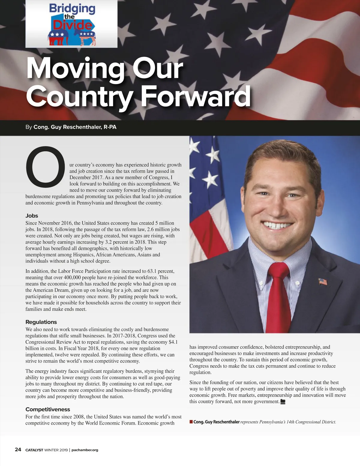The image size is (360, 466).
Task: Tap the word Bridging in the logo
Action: point(72,9)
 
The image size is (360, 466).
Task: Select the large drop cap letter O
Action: point(45,166)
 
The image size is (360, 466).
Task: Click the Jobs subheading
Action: point(32,216)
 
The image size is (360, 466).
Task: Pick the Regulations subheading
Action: point(41,322)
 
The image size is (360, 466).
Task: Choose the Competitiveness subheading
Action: point(48,409)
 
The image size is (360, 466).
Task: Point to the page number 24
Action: point(18,449)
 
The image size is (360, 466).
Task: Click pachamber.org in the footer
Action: point(85,450)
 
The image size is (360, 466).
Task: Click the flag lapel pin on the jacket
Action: point(323,282)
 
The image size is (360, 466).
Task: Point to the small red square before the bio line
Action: point(191,422)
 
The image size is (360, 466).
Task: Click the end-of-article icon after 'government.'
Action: point(283,402)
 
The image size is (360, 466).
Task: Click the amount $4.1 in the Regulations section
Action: point(173,342)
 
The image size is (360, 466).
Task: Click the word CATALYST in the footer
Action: point(34,450)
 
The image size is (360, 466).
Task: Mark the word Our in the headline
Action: point(157,69)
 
